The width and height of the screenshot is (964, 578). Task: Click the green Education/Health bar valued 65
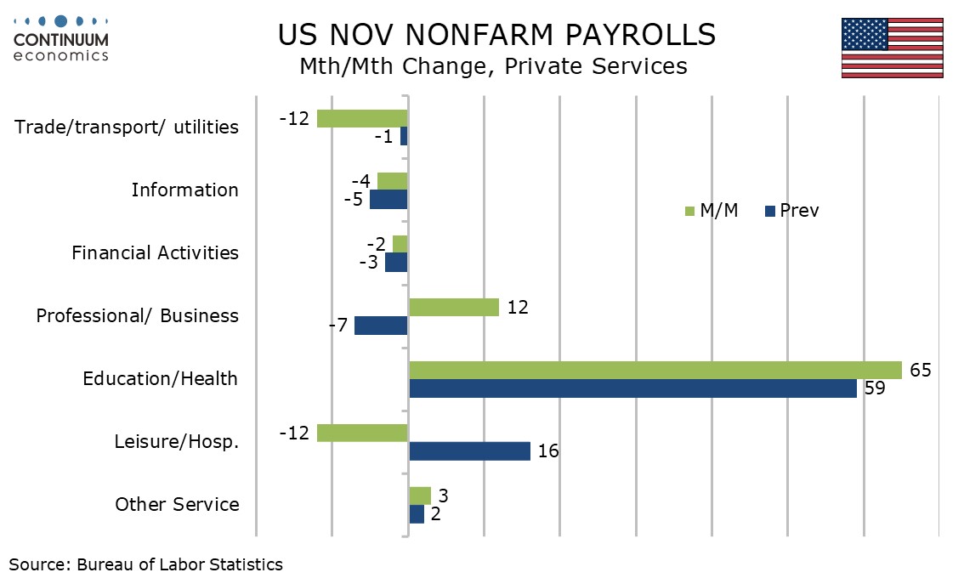[x=655, y=370]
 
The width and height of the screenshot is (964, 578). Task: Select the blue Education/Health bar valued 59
[x=632, y=388]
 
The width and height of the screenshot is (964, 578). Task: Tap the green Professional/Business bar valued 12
[x=453, y=307]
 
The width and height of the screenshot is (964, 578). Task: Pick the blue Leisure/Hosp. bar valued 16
[x=469, y=451]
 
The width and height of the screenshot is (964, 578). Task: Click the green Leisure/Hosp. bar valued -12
[x=362, y=433]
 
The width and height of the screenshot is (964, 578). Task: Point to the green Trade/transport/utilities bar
[x=362, y=118]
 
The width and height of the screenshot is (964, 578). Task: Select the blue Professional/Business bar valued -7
[x=381, y=326]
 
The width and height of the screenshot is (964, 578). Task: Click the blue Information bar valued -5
[x=388, y=200]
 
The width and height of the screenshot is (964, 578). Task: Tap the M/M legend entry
[x=711, y=211]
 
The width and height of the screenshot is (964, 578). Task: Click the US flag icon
[x=892, y=48]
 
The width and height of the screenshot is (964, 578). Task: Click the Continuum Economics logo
[x=61, y=38]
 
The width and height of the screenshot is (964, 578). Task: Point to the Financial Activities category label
[x=155, y=252]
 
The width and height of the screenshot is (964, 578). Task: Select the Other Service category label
[x=177, y=504]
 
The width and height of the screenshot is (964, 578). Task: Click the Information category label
[x=184, y=190]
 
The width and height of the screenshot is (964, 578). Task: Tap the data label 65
[x=921, y=370]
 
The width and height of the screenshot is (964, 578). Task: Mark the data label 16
[x=548, y=451]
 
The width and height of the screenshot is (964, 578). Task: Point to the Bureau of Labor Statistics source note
[x=146, y=564]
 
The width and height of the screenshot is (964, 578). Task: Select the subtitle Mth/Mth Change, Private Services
[x=493, y=66]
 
